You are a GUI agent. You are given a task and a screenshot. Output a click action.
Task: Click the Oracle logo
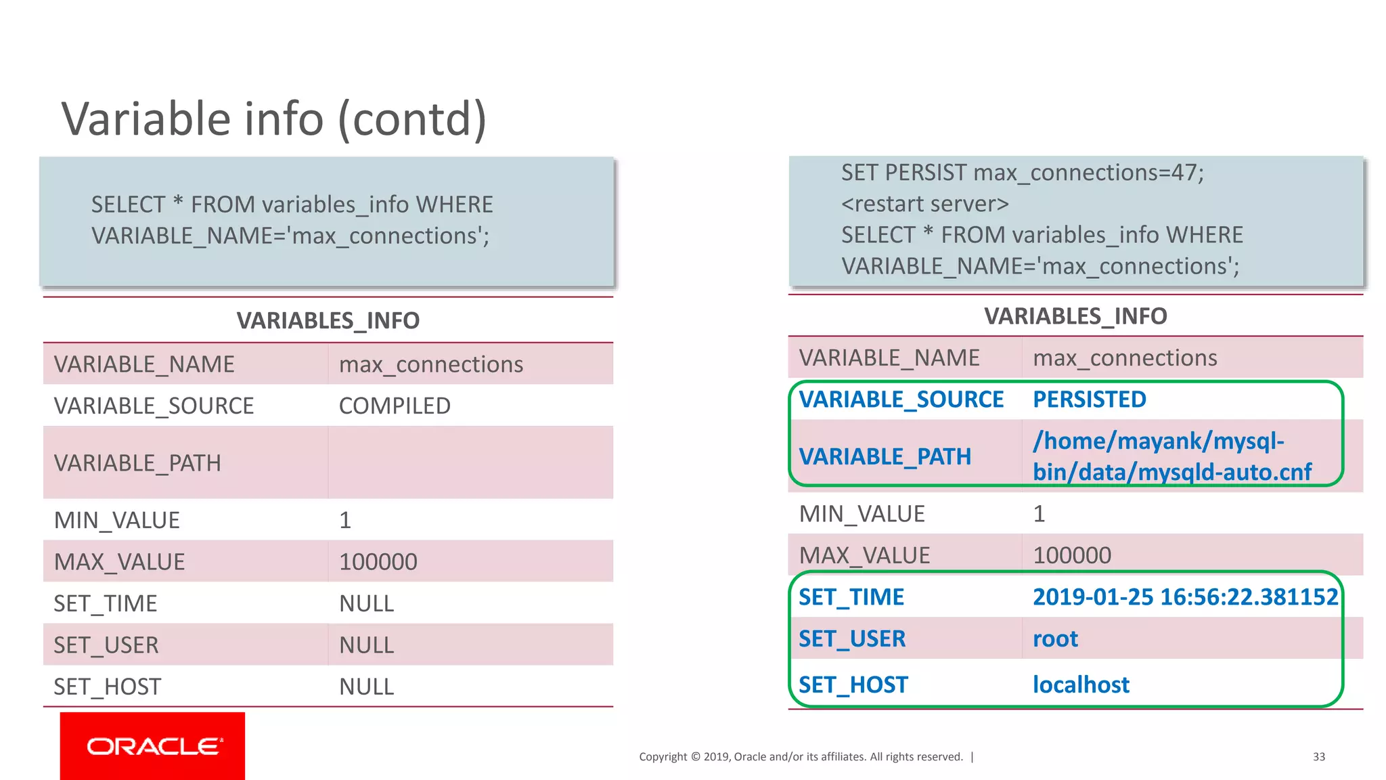click(153, 746)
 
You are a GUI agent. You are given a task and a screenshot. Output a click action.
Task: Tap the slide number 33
click(1318, 757)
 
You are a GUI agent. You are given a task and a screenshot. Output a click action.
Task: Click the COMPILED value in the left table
click(395, 406)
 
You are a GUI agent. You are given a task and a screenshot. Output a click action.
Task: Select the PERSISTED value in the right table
click(1089, 399)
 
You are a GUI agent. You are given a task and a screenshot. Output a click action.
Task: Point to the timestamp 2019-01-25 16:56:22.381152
click(1184, 597)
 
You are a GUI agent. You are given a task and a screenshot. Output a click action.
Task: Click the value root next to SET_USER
click(1055, 638)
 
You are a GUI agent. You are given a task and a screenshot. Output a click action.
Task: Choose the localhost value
click(1081, 685)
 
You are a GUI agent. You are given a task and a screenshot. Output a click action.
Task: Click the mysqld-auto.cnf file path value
click(1171, 456)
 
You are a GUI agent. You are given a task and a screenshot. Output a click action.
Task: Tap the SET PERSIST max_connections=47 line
click(1022, 173)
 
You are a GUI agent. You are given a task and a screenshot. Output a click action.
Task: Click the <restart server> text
click(924, 204)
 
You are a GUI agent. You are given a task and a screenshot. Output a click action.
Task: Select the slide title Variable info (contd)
click(274, 118)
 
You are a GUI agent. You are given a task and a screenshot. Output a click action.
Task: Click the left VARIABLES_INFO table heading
click(328, 320)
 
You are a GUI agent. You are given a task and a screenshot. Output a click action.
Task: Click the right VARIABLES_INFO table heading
click(1075, 316)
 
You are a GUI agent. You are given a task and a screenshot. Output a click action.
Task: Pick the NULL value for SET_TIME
click(366, 603)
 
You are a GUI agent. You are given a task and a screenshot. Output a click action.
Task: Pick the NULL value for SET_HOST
click(366, 687)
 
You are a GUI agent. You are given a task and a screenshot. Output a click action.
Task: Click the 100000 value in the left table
click(378, 562)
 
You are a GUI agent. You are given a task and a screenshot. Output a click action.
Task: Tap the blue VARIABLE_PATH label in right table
click(885, 456)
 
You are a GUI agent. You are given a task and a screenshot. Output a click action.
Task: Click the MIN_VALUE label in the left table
click(116, 520)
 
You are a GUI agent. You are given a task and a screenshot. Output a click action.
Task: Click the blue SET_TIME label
click(851, 597)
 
